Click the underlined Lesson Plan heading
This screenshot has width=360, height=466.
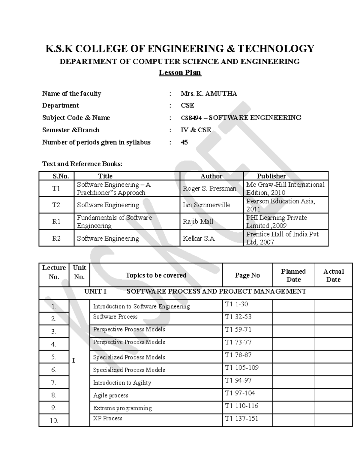point(180,73)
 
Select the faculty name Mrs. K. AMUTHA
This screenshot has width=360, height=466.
point(209,94)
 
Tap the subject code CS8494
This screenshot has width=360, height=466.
point(191,118)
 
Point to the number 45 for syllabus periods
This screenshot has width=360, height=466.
point(184,142)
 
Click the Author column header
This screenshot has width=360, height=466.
point(211,176)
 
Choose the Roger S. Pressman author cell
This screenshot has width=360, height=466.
point(209,188)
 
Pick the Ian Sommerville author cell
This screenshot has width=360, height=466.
point(206,205)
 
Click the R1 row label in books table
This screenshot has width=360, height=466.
point(56,221)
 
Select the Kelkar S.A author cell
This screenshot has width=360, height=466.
point(199,239)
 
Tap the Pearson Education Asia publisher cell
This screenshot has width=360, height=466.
point(280,205)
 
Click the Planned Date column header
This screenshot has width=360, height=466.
point(293,275)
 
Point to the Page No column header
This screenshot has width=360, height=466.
point(247,275)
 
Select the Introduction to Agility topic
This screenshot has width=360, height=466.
point(122,383)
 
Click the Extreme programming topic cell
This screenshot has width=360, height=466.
point(122,408)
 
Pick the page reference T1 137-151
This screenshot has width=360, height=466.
point(241,419)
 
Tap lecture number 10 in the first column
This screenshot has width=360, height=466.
point(54,421)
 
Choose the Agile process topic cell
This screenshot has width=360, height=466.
point(111,395)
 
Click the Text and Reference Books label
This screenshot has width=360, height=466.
point(82,164)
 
